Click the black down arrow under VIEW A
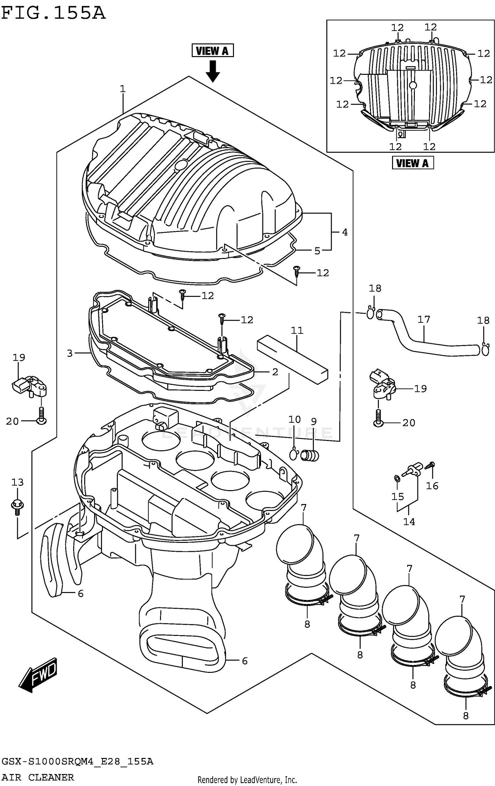click(x=213, y=71)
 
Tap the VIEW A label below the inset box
click(x=412, y=163)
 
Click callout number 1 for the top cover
click(x=122, y=89)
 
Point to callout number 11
click(x=297, y=330)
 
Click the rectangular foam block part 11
click(x=292, y=360)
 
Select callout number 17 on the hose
click(x=424, y=319)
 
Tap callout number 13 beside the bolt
click(x=17, y=483)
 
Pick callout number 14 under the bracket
click(x=409, y=521)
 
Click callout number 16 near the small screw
click(x=432, y=486)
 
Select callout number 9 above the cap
click(x=313, y=421)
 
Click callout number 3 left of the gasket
click(x=70, y=353)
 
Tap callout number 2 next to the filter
click(x=275, y=372)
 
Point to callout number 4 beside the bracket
click(x=345, y=232)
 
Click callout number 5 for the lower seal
click(x=317, y=251)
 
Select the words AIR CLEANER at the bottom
click(x=38, y=777)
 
